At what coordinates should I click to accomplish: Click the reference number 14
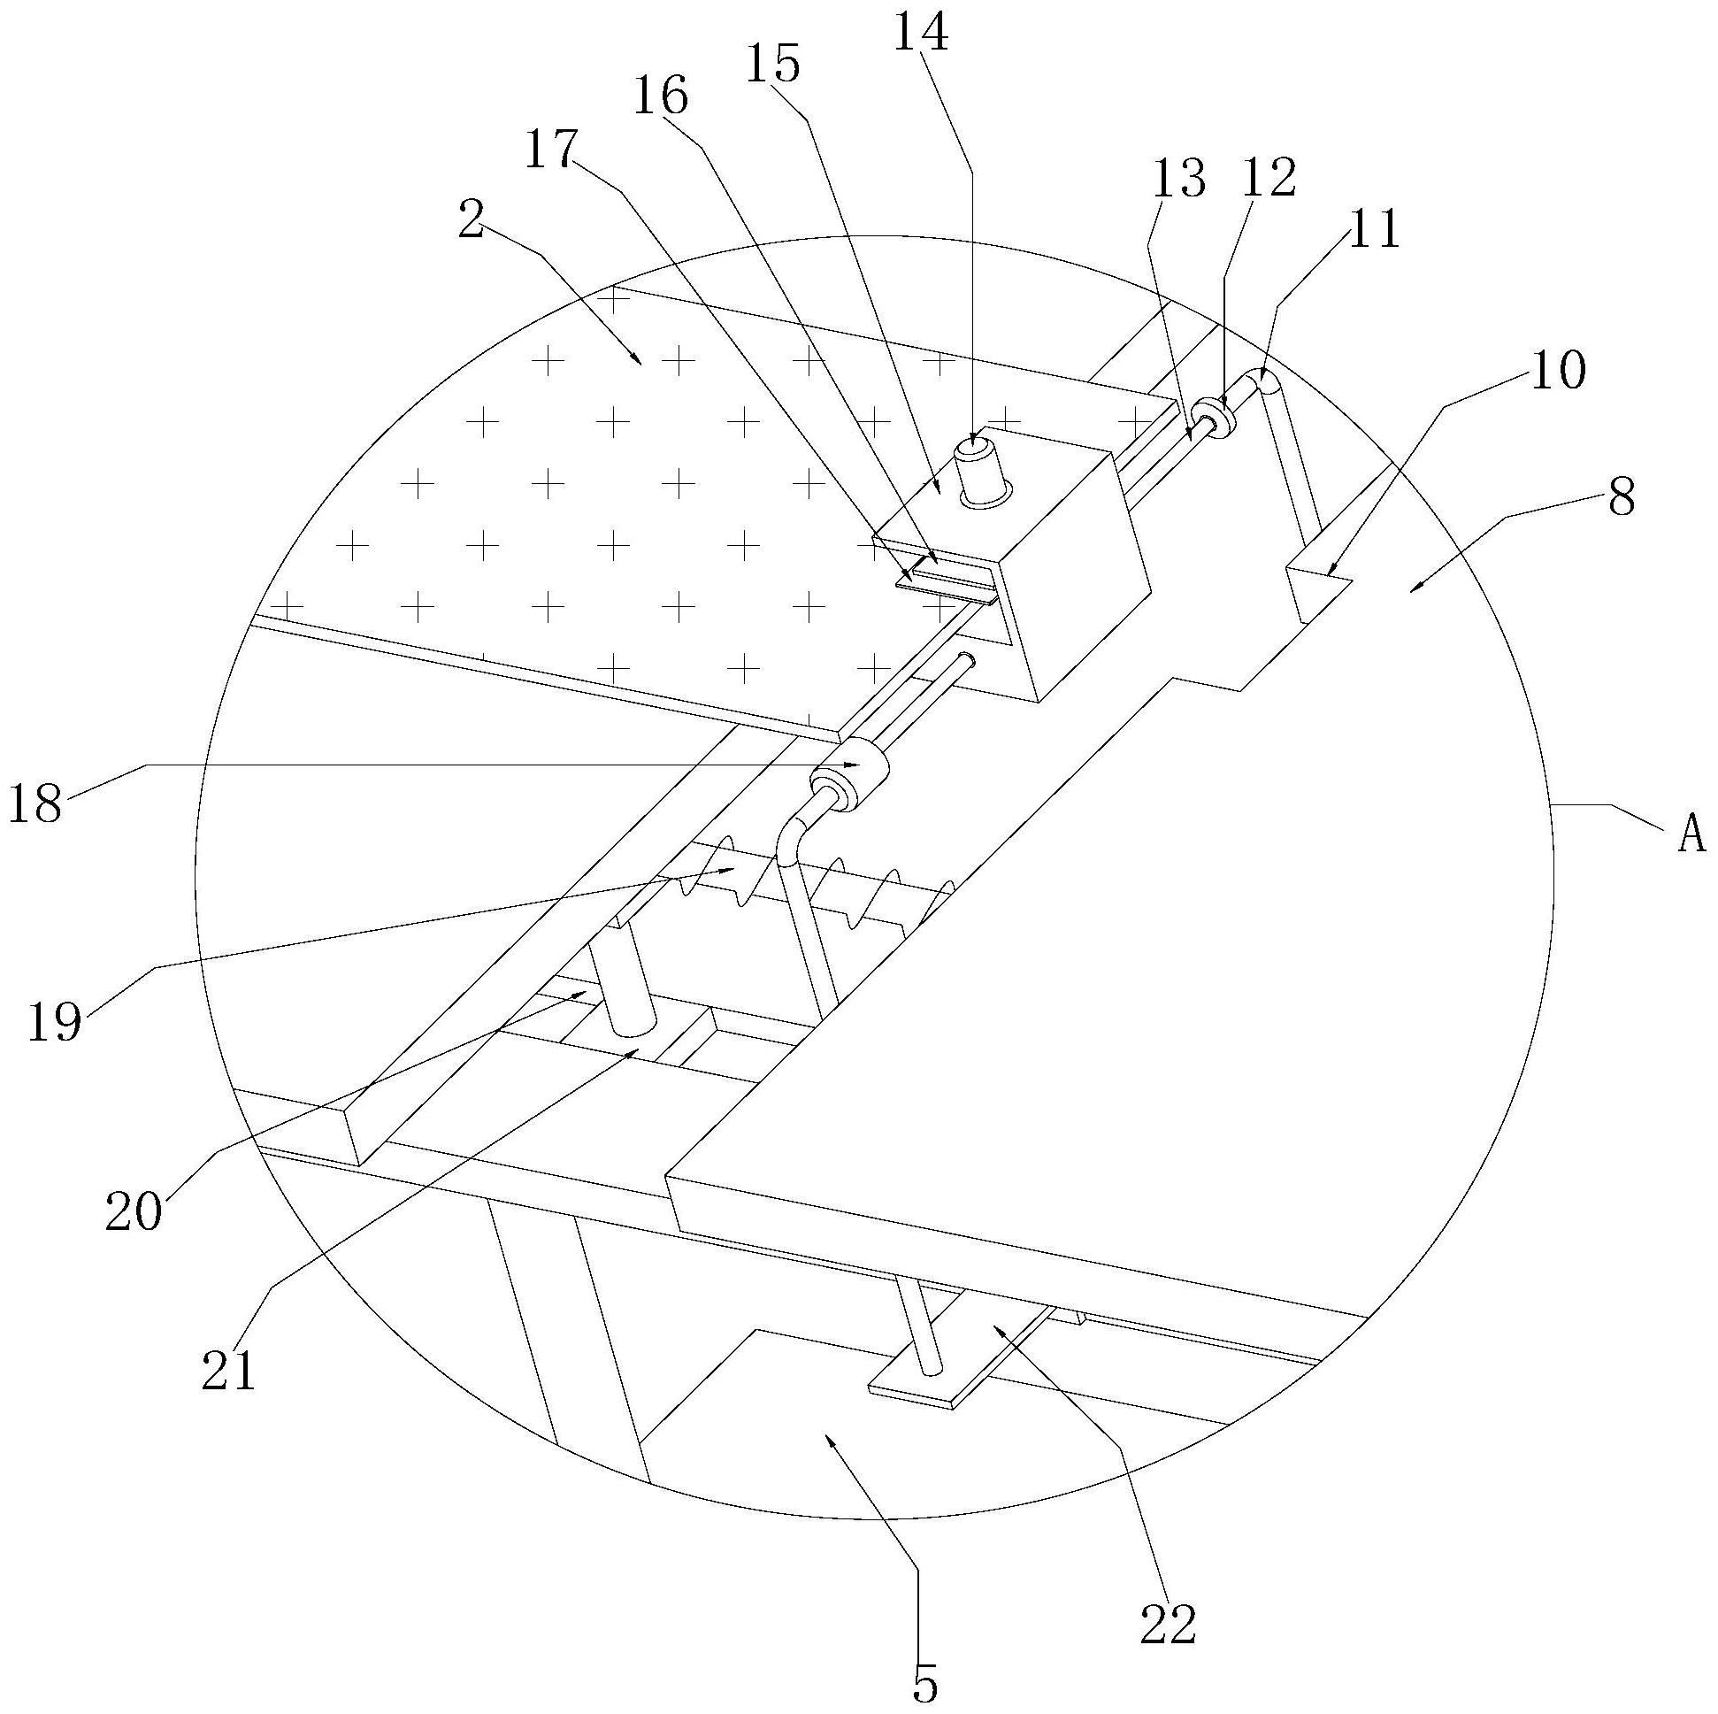(920, 35)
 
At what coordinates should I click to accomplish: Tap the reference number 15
(771, 65)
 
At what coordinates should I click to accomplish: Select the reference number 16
(660, 96)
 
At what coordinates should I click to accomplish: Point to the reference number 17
(550, 150)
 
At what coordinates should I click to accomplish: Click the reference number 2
(471, 219)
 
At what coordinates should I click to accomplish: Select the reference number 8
(1621, 498)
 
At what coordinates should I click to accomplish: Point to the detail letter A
(1691, 834)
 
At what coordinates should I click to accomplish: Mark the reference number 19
(54, 1020)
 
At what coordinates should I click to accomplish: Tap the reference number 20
(134, 1211)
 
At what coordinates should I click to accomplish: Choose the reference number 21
(228, 1371)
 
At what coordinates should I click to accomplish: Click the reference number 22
(1168, 1624)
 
